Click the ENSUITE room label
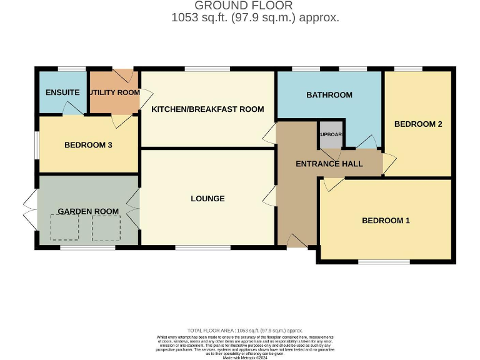pos(62,92)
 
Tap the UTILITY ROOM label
pos(114,92)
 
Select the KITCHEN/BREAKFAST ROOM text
pos(207,109)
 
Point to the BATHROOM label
pos(329,95)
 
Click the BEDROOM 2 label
pos(418,124)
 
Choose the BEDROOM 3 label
pos(88,145)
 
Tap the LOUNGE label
pos(207,199)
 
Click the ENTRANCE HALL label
pos(329,164)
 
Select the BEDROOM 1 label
pos(386,221)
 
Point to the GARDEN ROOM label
pos(88,211)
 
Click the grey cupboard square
pos(331,135)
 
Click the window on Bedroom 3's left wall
pos(36,145)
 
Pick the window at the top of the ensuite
pos(72,68)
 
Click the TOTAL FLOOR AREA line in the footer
pos(245,330)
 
